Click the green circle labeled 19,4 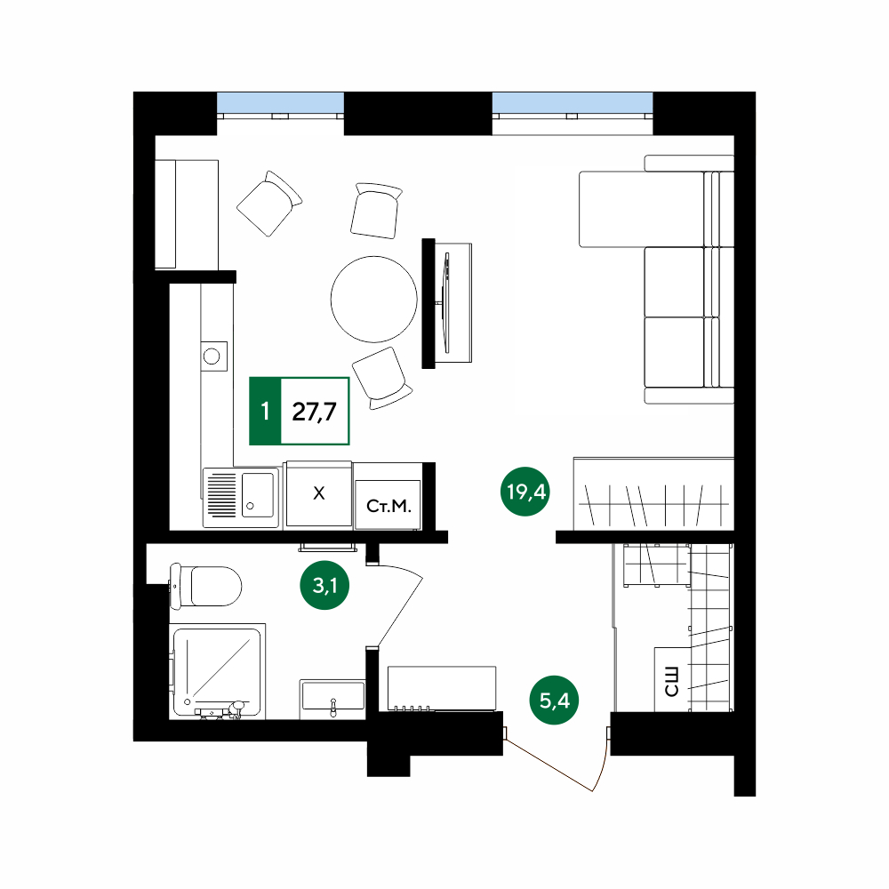pyautogui.click(x=525, y=492)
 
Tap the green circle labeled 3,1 pyautogui.click(x=324, y=585)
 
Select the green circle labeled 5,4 pyautogui.click(x=554, y=701)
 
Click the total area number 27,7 pyautogui.click(x=314, y=412)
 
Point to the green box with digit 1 pyautogui.click(x=265, y=411)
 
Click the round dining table pyautogui.click(x=374, y=299)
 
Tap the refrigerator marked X pyautogui.click(x=318, y=494)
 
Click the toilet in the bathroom pyautogui.click(x=206, y=586)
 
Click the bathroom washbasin pyautogui.click(x=332, y=696)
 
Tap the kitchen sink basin pyautogui.click(x=258, y=495)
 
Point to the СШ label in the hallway pyautogui.click(x=671, y=682)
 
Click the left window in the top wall pyautogui.click(x=281, y=103)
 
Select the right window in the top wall pyautogui.click(x=572, y=103)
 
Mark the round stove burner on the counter pyautogui.click(x=212, y=356)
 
